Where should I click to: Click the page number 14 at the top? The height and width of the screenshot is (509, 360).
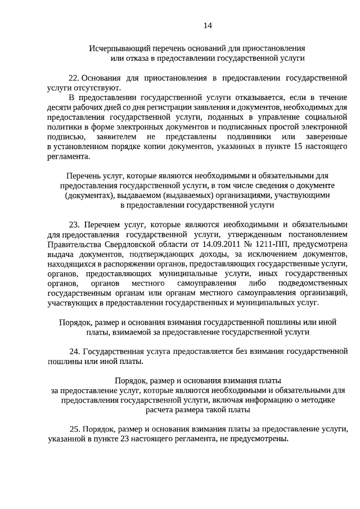tap(208, 25)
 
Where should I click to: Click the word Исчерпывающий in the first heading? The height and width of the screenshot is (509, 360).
tap(116, 48)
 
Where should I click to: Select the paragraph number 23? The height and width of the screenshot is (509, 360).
tap(75, 224)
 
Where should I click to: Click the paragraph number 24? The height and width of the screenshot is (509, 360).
tap(74, 351)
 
